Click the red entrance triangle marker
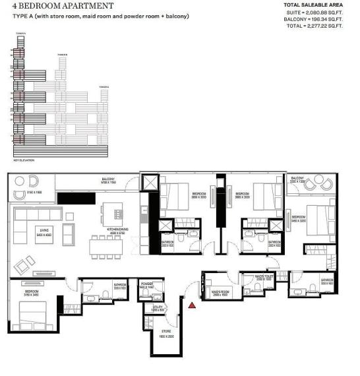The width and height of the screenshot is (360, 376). pos(192,305)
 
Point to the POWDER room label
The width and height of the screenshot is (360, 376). pos(147,284)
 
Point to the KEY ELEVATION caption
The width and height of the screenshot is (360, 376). pos(24,160)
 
